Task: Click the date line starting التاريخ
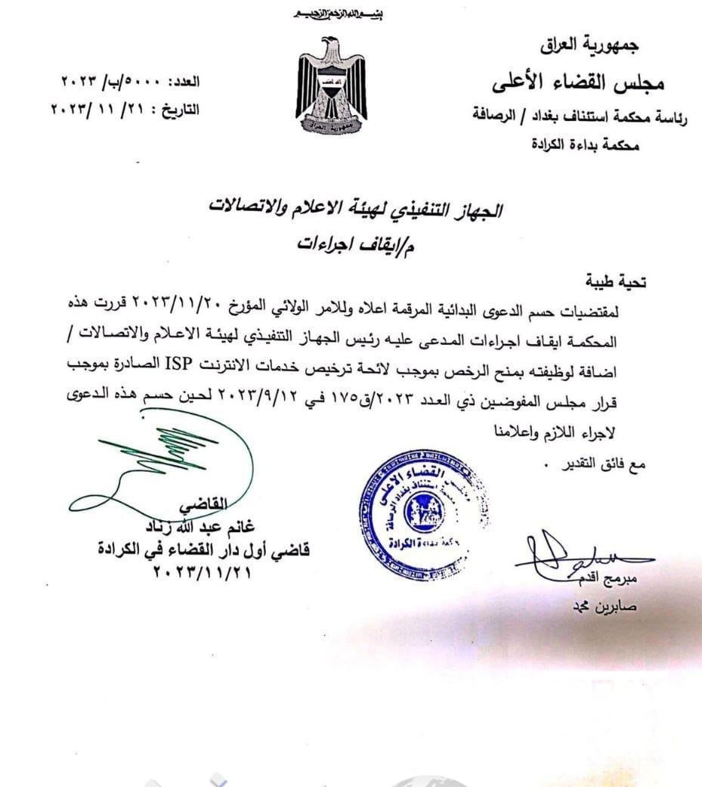[x=125, y=107]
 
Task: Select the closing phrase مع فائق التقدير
[x=597, y=463]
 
